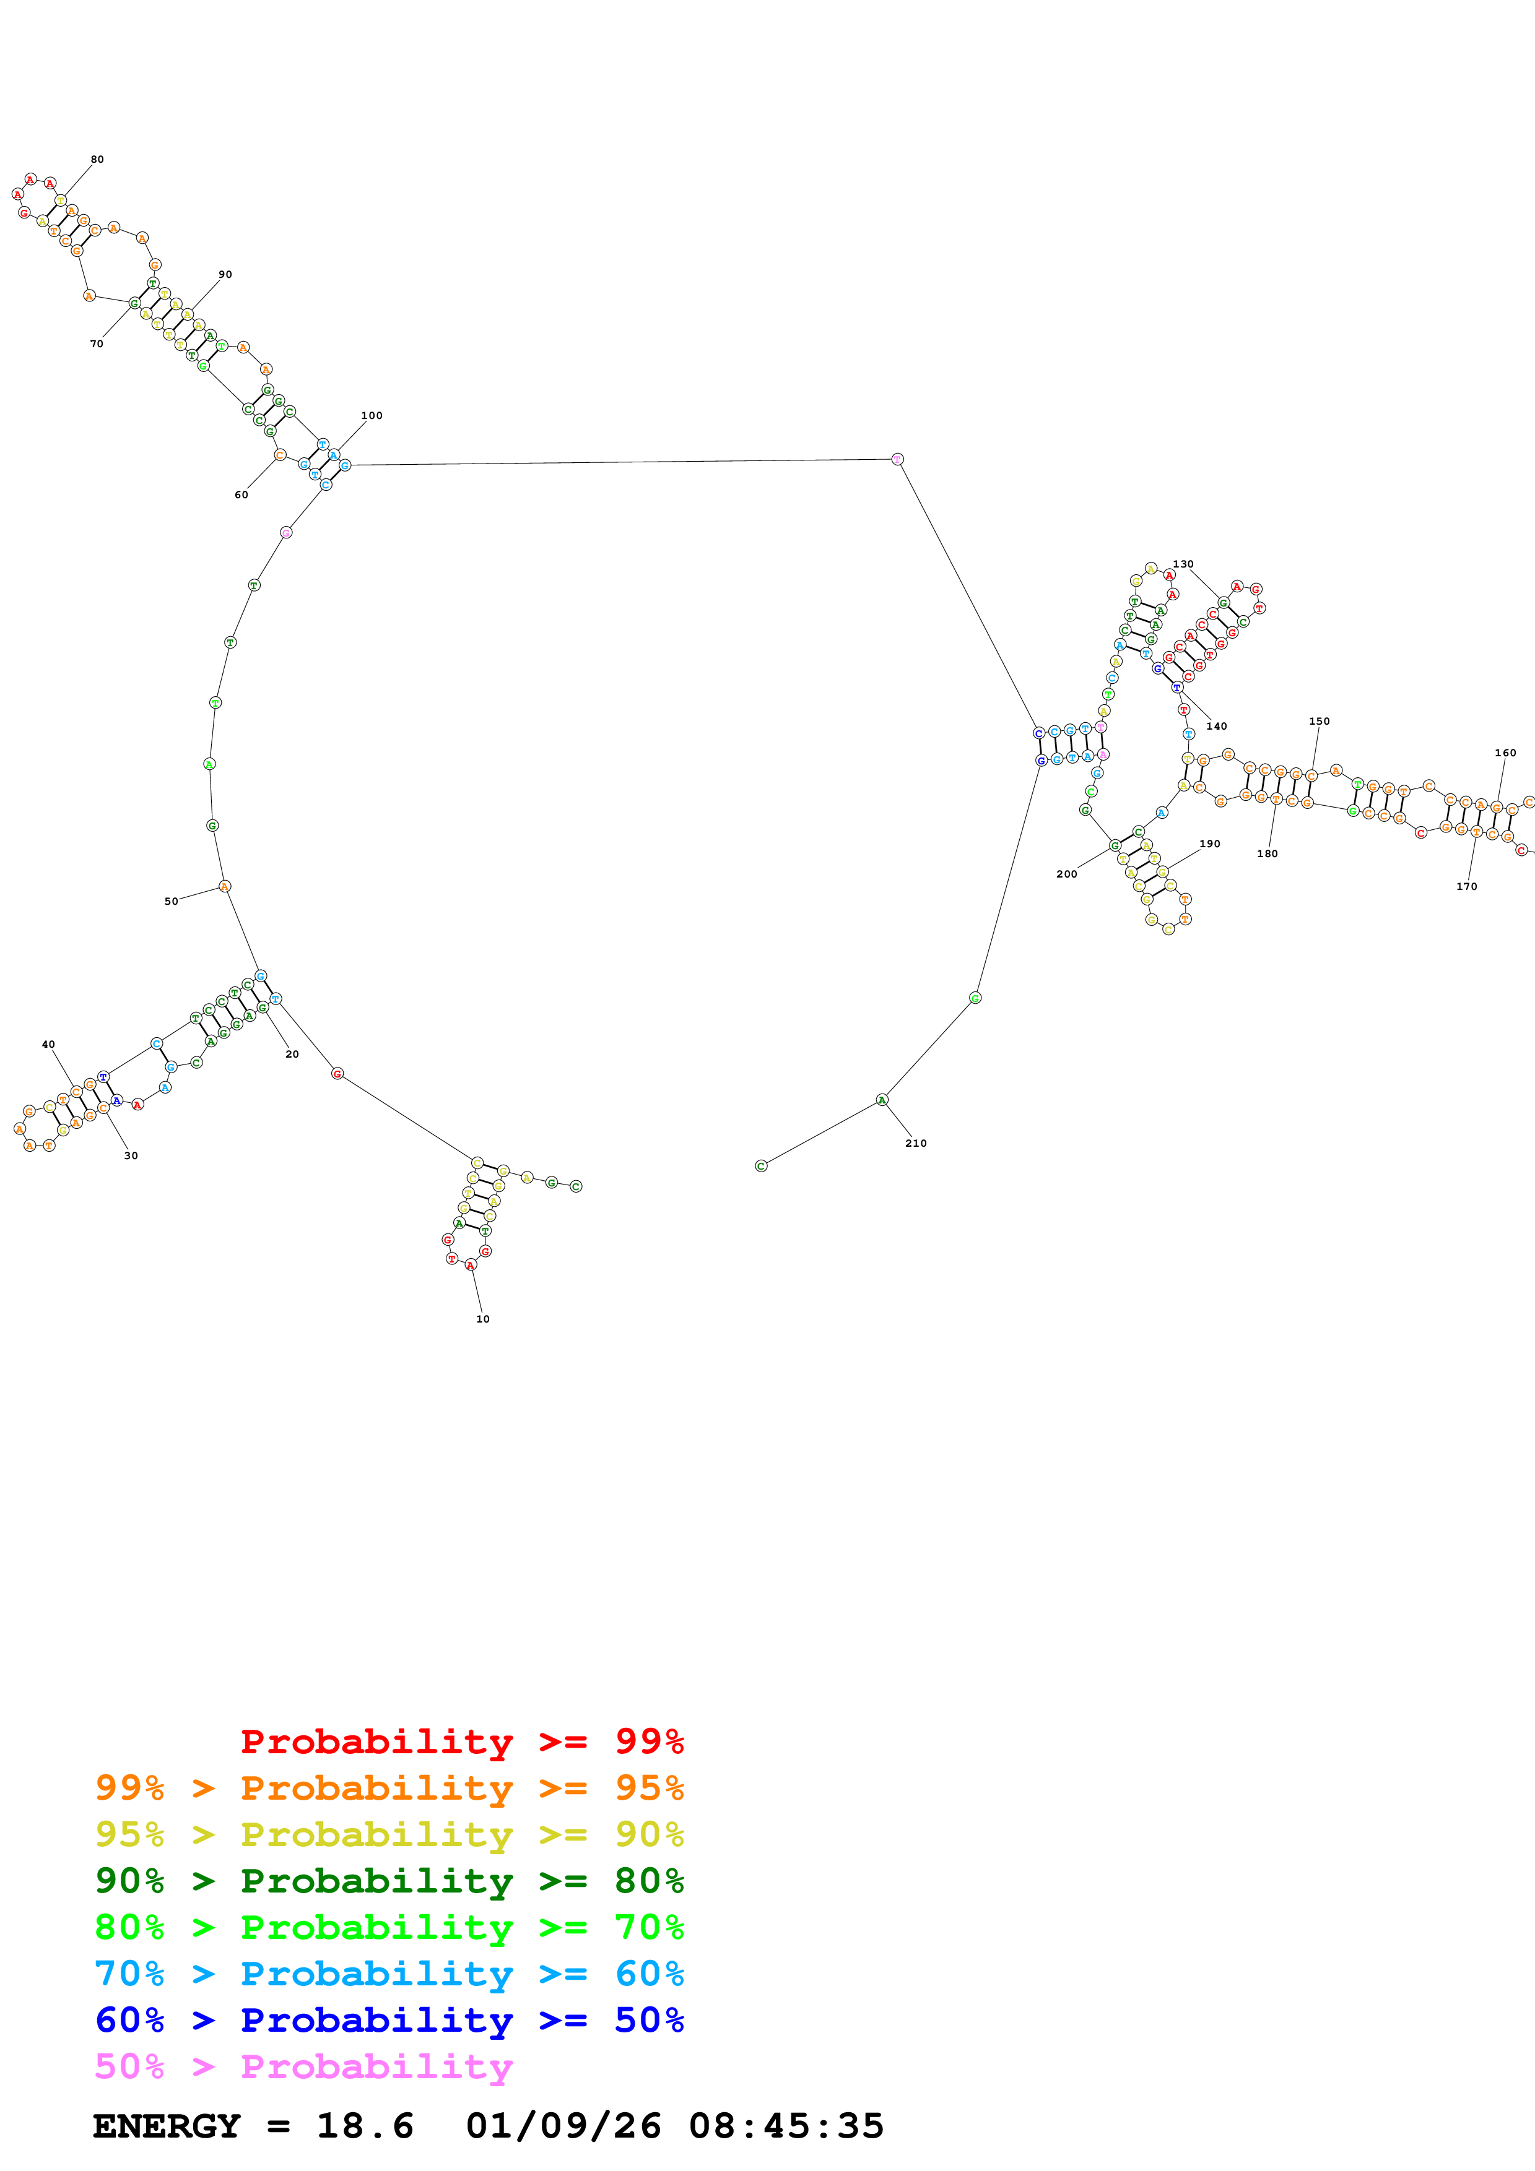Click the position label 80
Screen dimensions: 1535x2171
[97, 160]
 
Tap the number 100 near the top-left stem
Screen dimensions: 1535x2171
[372, 416]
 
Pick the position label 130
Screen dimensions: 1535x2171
[1183, 564]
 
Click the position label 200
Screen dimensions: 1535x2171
[1066, 874]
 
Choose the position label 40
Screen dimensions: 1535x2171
[48, 1045]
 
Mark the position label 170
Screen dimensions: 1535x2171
[1466, 887]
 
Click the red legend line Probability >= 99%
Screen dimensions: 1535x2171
[461, 1742]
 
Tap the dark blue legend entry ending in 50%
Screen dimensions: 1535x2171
[389, 2021]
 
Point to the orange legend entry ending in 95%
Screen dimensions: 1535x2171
[389, 1788]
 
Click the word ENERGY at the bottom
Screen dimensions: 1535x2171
[167, 2126]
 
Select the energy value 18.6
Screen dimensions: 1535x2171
[365, 2126]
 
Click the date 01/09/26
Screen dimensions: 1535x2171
[563, 2126]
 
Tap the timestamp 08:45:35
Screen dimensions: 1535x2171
[786, 2126]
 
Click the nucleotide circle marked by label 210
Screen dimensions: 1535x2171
[882, 1100]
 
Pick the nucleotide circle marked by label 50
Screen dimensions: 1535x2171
[224, 887]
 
